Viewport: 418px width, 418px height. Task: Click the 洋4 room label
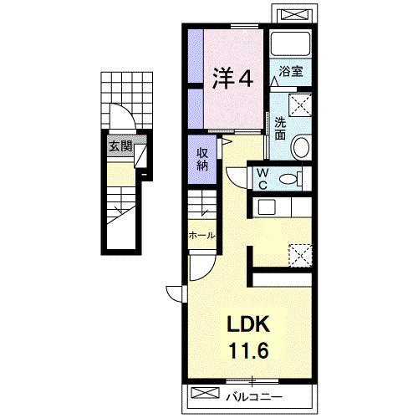[233, 79]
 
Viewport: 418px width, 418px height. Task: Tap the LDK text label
[248, 324]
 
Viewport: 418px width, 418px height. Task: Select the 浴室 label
[291, 72]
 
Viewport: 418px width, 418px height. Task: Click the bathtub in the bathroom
[291, 44]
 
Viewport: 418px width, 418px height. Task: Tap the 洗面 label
[280, 128]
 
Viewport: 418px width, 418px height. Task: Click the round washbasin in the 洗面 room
[300, 146]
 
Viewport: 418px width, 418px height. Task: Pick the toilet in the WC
[291, 179]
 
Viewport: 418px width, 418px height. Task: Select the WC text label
[263, 179]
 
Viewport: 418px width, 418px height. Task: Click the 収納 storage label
[202, 159]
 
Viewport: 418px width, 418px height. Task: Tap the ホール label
[202, 236]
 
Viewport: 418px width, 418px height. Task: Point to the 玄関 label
[120, 145]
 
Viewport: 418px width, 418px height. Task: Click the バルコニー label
[254, 396]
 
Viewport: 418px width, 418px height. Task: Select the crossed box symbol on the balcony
[206, 393]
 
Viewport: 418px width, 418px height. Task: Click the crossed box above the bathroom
[296, 13]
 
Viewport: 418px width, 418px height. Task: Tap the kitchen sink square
[267, 207]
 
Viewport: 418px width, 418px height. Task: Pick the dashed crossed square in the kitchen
[300, 256]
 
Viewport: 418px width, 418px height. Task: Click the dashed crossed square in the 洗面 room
[300, 104]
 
